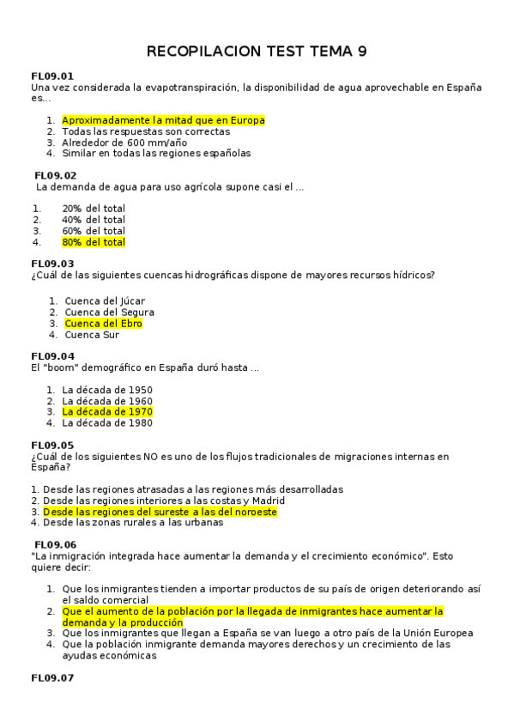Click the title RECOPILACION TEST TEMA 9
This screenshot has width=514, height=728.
pyautogui.click(x=257, y=52)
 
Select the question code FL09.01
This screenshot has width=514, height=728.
pyautogui.click(x=52, y=76)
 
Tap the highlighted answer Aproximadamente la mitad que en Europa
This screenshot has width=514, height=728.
pyautogui.click(x=163, y=120)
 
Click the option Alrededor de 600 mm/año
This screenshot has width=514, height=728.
pyautogui.click(x=124, y=143)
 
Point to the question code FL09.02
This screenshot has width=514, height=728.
pyautogui.click(x=56, y=175)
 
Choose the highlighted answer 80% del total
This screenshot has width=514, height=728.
pyautogui.click(x=94, y=242)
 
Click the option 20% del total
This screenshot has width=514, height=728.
pyautogui.click(x=94, y=209)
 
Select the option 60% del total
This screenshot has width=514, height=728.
pyautogui.click(x=94, y=231)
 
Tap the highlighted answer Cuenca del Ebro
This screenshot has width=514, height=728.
pyautogui.click(x=103, y=324)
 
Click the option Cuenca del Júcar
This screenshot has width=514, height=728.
pyautogui.click(x=105, y=301)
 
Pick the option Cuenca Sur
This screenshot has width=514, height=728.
pyautogui.click(x=92, y=335)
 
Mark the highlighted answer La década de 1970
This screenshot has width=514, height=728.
pyautogui.click(x=107, y=411)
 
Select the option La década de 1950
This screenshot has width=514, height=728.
pyautogui.click(x=107, y=389)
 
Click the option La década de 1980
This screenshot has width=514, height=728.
pyautogui.click(x=107, y=422)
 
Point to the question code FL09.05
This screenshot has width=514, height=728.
pyautogui.click(x=52, y=445)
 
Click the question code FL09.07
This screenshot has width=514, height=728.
pyautogui.click(x=52, y=678)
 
